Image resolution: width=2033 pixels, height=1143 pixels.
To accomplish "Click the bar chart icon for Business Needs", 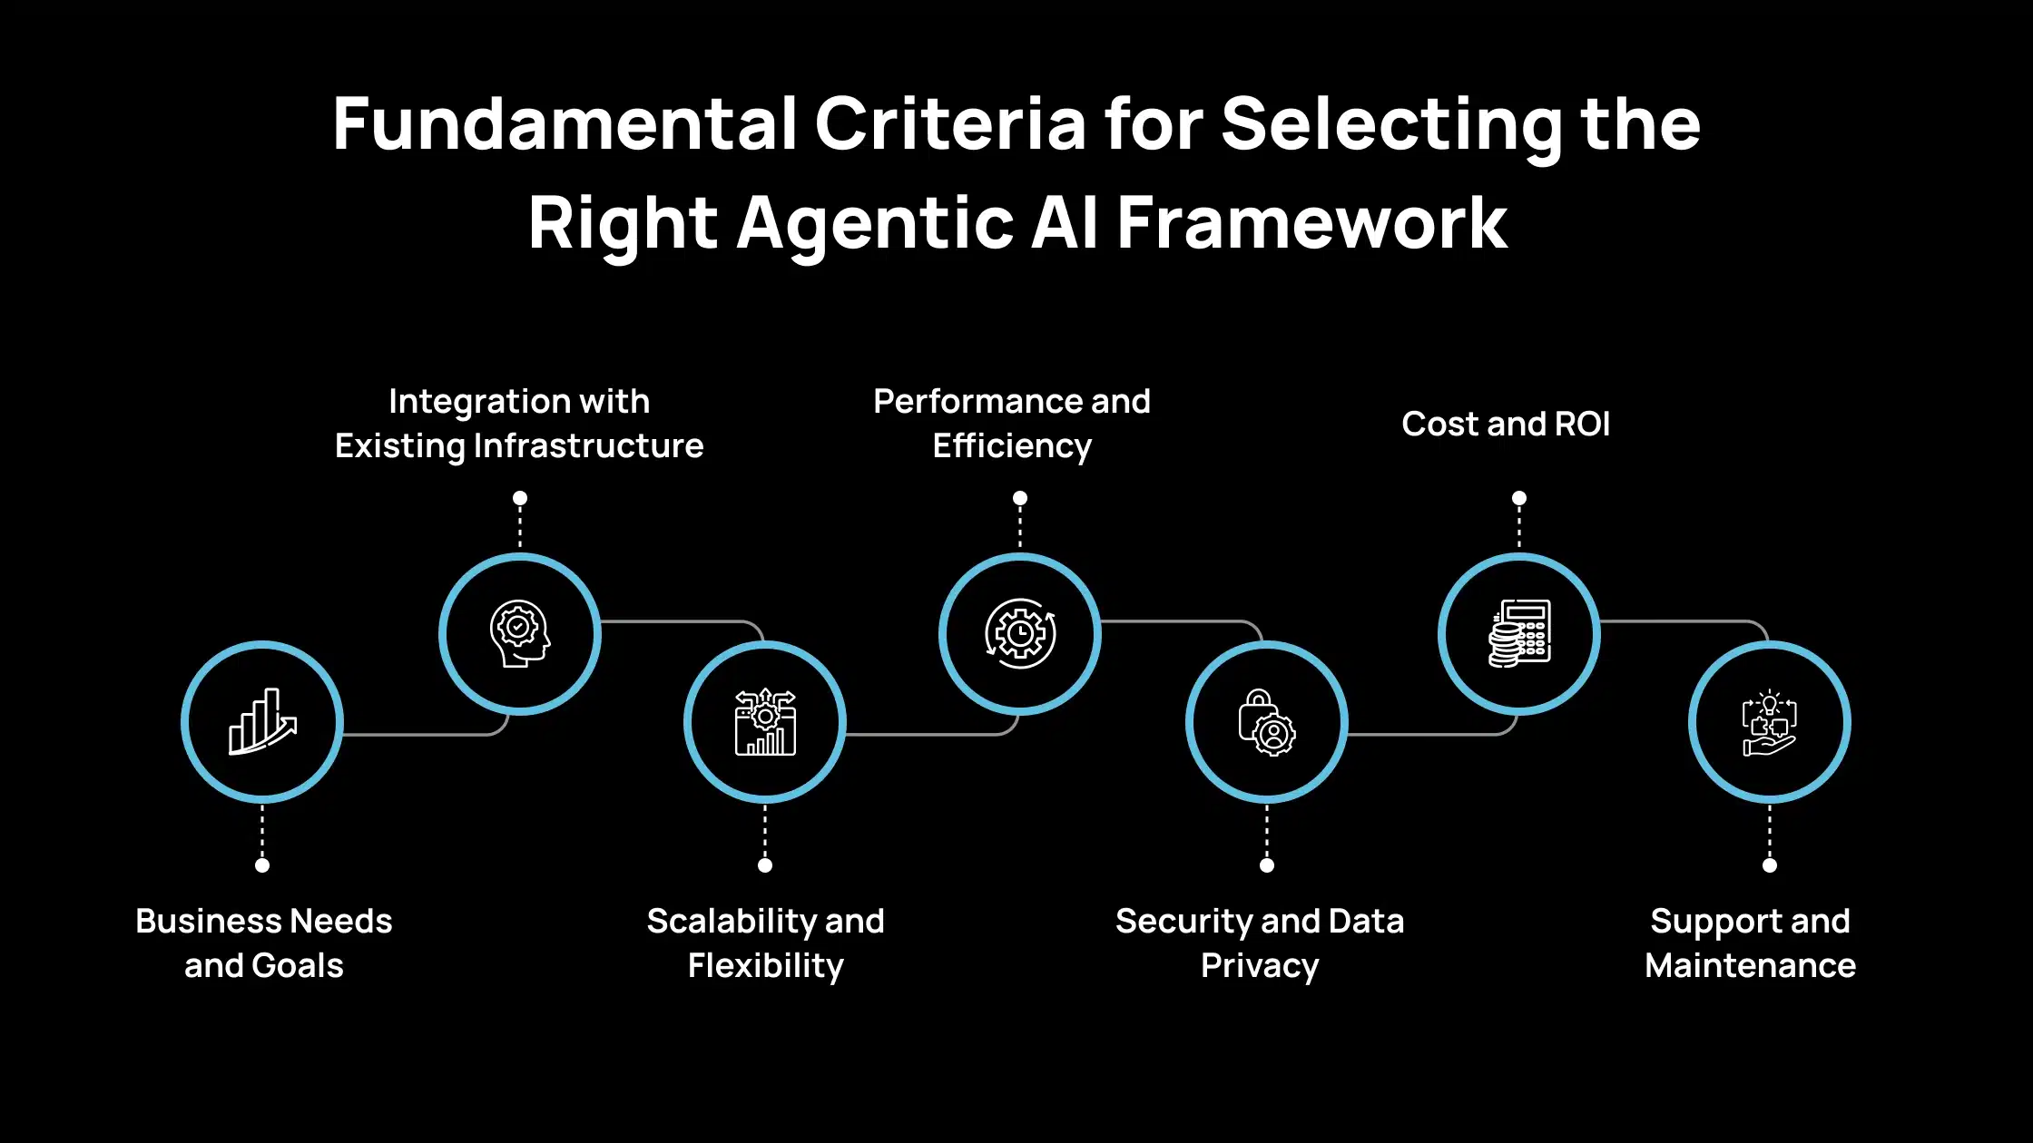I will pyautogui.click(x=262, y=722).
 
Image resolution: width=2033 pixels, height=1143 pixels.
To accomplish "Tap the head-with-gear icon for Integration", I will pyautogui.click(x=520, y=633).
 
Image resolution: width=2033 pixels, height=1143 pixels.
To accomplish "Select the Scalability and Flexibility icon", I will pyautogui.click(x=765, y=722).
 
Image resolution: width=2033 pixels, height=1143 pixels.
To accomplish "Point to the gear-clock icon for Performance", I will pyautogui.click(x=1020, y=633).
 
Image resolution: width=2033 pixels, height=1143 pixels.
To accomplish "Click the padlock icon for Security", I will pyautogui.click(x=1267, y=722).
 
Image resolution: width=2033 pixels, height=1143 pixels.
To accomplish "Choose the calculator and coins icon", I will pyautogui.click(x=1519, y=633).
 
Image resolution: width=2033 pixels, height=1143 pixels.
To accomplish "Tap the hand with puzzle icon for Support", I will pyautogui.click(x=1770, y=722).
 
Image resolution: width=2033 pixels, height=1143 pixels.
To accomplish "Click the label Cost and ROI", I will pyautogui.click(x=1506, y=424).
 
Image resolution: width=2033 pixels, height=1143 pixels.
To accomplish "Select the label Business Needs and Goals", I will pyautogui.click(x=263, y=943).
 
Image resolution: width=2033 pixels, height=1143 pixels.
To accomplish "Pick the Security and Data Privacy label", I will pyautogui.click(x=1260, y=943).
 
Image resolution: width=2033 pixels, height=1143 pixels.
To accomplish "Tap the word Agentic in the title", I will pyautogui.click(x=875, y=223).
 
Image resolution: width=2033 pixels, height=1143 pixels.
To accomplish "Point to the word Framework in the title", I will pyautogui.click(x=1312, y=223).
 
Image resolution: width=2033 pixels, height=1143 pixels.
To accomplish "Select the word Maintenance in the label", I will pyautogui.click(x=1750, y=965).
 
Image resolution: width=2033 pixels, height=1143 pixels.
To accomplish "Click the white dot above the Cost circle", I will pyautogui.click(x=1519, y=498).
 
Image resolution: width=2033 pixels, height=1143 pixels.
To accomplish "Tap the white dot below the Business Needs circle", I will pyautogui.click(x=262, y=865).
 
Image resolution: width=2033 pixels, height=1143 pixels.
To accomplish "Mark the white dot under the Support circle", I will pyautogui.click(x=1770, y=865).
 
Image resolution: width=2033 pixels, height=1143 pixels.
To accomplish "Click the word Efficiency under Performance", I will pyautogui.click(x=1012, y=446).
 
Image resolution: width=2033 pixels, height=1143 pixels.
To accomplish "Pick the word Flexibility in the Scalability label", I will pyautogui.click(x=765, y=965).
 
